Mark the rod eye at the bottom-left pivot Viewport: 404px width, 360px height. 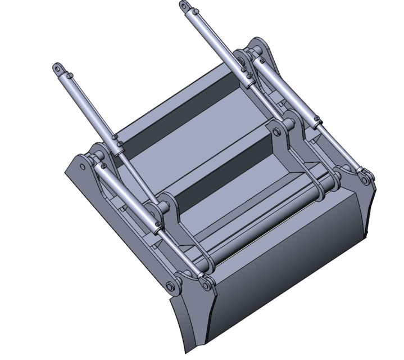pyautogui.click(x=206, y=285)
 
